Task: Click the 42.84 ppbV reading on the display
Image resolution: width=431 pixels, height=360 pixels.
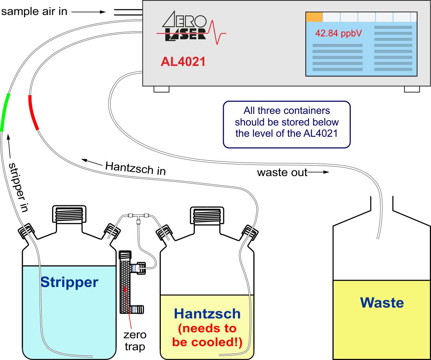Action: [x=338, y=33]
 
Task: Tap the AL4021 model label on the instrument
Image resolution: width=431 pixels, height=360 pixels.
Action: [x=183, y=61]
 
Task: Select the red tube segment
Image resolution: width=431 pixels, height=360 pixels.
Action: [x=33, y=113]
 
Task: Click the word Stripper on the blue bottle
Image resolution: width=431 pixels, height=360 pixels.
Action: [x=69, y=282]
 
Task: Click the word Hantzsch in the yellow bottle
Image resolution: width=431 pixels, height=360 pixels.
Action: [x=207, y=314]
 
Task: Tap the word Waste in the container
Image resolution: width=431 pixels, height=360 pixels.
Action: [x=382, y=302]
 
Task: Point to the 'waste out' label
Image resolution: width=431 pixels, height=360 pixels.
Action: [x=282, y=172]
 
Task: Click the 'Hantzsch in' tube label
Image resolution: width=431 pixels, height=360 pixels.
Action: [x=136, y=167]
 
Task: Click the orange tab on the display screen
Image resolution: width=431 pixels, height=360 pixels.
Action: [x=314, y=17]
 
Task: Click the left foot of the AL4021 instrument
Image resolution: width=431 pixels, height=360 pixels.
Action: [x=162, y=89]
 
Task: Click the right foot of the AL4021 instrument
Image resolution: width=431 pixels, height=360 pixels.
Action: [x=412, y=89]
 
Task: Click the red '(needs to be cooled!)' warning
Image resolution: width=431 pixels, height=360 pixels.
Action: [x=207, y=336]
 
